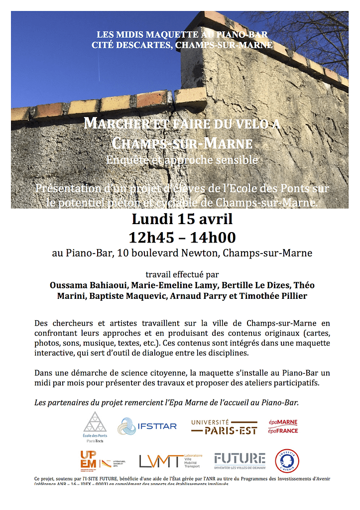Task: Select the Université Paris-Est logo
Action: (x=224, y=426)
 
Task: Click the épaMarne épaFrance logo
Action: (x=283, y=426)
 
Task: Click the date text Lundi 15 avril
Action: (x=182, y=219)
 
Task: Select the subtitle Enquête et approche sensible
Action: (x=182, y=160)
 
